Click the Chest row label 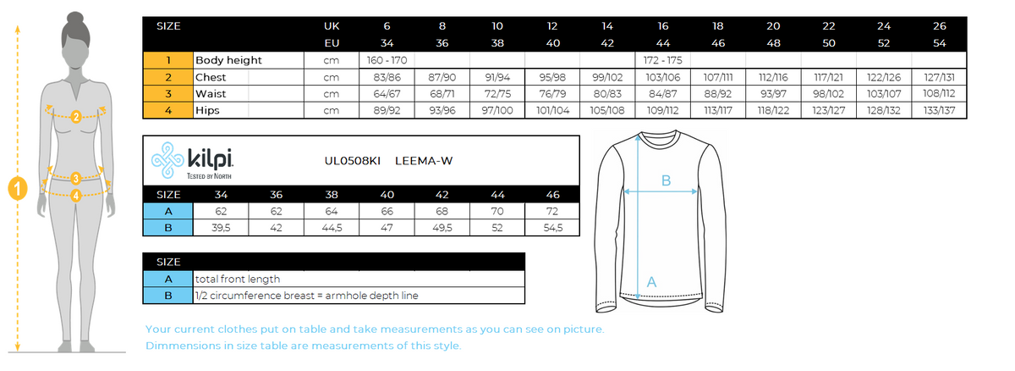[211, 77]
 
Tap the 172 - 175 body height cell [663, 60]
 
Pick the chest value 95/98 [552, 77]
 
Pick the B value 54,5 [552, 227]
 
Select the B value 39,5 [221, 227]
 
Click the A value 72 [552, 211]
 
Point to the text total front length [238, 279]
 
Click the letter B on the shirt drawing [666, 180]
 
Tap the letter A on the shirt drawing [651, 281]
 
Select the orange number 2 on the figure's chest [76, 117]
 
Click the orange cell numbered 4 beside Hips [168, 110]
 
